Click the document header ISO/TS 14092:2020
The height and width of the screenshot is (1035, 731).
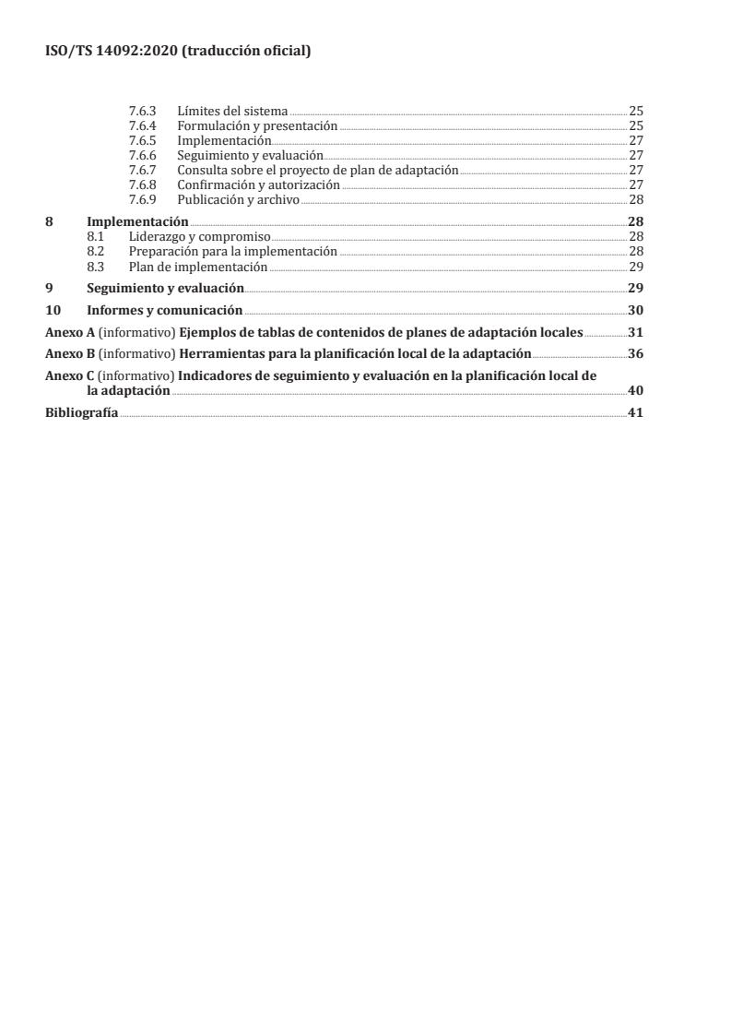tap(178, 53)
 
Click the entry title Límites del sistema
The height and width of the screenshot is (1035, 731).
tap(232, 111)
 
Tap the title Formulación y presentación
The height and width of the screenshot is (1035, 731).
tap(257, 125)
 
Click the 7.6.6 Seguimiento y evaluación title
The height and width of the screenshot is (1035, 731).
tap(250, 155)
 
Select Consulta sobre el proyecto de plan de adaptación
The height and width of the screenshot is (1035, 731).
tap(317, 170)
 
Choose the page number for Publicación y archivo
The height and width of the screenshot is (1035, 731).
tap(635, 199)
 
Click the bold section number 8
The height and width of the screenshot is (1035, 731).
tap(49, 221)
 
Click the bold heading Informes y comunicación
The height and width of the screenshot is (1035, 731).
tap(164, 310)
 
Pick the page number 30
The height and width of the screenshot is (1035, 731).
tap(635, 310)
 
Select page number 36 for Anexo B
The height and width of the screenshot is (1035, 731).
tap(635, 354)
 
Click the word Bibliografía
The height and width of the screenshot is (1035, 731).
tap(82, 412)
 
